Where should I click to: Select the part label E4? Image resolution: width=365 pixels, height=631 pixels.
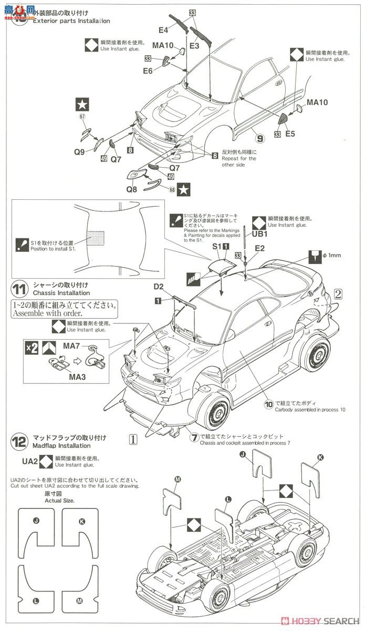point(163,30)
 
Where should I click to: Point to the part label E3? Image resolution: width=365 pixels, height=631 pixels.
point(194,46)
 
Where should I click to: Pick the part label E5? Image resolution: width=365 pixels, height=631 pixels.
point(290,134)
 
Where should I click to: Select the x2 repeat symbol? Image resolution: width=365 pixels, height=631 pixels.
point(32,348)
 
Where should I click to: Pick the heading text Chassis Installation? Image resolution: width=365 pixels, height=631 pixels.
point(61,293)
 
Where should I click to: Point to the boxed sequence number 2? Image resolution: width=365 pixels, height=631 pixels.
point(338,294)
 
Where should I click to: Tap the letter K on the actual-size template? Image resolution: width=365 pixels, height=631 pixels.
point(81,521)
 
